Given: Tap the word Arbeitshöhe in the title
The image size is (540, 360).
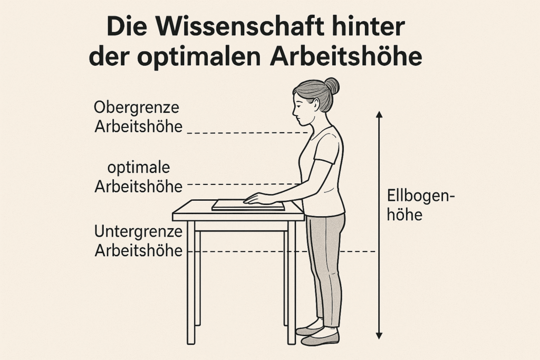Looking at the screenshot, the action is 346,57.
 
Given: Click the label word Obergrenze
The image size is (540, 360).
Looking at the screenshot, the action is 137,108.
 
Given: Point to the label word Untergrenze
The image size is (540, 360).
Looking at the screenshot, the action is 138,231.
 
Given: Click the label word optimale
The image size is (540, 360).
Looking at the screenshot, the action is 139,168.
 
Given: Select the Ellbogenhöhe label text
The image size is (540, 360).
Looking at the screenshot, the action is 421,206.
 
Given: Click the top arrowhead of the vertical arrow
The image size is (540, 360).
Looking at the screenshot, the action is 379,114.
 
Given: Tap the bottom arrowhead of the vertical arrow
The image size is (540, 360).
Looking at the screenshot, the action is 379,335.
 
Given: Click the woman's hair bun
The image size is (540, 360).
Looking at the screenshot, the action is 332,85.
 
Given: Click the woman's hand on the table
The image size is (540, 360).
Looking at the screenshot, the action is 259,199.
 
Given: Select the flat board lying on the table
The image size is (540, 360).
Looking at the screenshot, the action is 248,205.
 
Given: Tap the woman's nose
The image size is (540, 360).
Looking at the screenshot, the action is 294,111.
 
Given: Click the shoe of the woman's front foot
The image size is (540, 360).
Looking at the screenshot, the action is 320,338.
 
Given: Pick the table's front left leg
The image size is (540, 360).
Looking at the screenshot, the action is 191,282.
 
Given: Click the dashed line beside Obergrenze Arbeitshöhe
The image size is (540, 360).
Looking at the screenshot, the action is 247,132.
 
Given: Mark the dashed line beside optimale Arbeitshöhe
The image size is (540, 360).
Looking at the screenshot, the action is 243,184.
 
